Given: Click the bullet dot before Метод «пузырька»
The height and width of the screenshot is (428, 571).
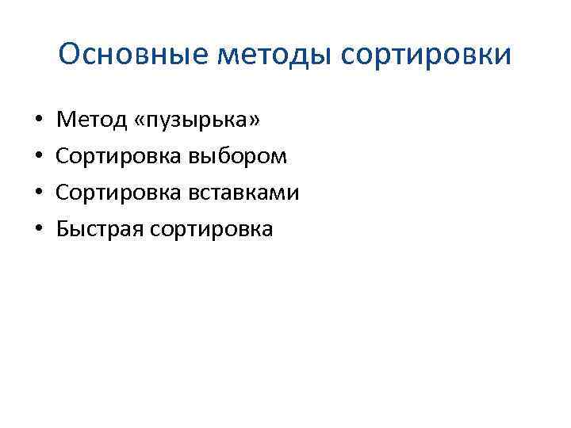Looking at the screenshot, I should coord(38,121).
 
